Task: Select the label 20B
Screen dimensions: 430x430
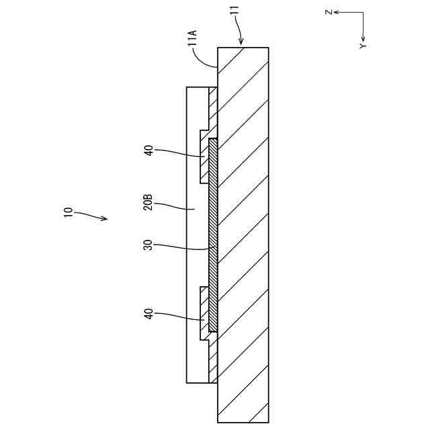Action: pyautogui.click(x=148, y=202)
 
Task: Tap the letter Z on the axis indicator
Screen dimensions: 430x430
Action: pyautogui.click(x=327, y=12)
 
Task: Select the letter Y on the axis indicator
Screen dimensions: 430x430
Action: pyautogui.click(x=363, y=46)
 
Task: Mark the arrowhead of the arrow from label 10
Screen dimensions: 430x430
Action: pyautogui.click(x=104, y=219)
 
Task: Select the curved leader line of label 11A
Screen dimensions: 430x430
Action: pyautogui.click(x=204, y=59)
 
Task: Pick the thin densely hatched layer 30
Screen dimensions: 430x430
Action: pyautogui.click(x=213, y=235)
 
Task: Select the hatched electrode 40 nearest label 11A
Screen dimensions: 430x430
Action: pyautogui.click(x=205, y=156)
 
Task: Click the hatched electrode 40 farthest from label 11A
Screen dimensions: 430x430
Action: pyautogui.click(x=205, y=310)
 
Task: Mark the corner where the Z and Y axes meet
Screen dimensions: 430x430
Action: pyautogui.click(x=363, y=12)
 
